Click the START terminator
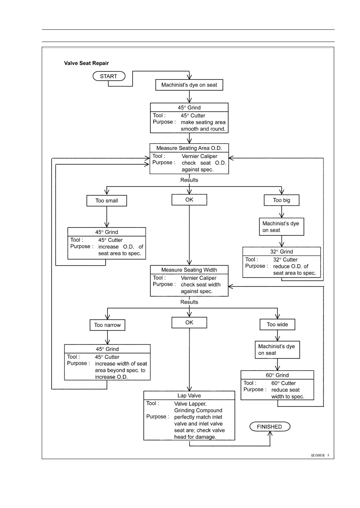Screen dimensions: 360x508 click(x=109, y=76)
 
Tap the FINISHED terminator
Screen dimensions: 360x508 click(x=270, y=427)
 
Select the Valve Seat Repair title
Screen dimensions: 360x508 click(x=86, y=63)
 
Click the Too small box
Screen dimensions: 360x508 click(x=107, y=201)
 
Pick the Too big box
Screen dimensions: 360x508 click(x=281, y=200)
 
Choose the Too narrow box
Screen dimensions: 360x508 click(x=107, y=325)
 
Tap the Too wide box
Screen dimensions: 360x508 click(x=277, y=324)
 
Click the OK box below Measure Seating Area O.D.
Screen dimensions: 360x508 click(x=189, y=199)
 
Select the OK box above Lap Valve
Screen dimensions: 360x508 click(x=189, y=322)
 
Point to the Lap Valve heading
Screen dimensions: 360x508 click(x=189, y=395)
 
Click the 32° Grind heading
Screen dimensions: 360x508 click(x=281, y=251)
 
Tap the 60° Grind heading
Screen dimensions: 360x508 click(x=277, y=375)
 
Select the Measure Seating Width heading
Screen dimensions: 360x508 click(x=189, y=270)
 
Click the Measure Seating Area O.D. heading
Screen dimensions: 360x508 click(x=189, y=148)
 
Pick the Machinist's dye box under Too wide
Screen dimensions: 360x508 click(x=277, y=350)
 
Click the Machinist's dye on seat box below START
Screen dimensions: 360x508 click(x=189, y=85)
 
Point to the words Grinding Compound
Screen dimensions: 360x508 click(x=198, y=410)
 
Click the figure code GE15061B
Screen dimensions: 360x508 click(x=318, y=455)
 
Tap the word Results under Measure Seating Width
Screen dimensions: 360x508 click(x=189, y=302)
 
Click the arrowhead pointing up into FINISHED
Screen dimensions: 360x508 click(x=270, y=434)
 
